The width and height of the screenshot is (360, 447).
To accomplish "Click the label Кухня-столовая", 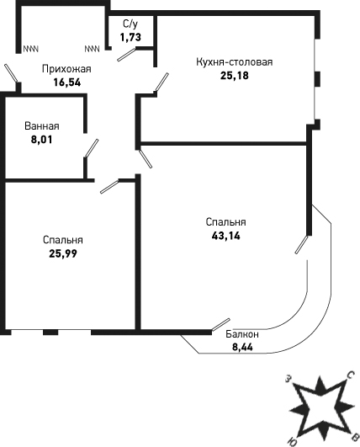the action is coord(234,61).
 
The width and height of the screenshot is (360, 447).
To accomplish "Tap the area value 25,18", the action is coord(235,76).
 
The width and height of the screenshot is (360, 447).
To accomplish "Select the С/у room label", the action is coord(130,24).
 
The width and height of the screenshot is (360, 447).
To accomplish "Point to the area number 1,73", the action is coord(130,37).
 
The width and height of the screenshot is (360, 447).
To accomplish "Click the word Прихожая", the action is coord(66,69).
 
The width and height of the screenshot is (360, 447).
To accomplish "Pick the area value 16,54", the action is coord(67,82).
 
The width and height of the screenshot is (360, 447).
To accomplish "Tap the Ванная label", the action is coord(42,126).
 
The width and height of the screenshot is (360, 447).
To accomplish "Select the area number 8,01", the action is coord(42,140).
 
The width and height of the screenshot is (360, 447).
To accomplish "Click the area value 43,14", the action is coord(226,236).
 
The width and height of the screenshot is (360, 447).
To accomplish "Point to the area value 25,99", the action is coord(63,253).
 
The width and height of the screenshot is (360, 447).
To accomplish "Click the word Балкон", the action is coord(242,334).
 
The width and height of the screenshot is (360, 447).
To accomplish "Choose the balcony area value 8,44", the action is coord(242,347).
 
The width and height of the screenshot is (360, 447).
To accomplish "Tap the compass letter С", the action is coord(349,376).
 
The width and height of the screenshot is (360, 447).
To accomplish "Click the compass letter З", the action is coord(289,379).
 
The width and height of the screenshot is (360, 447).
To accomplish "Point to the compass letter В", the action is coord(355,439).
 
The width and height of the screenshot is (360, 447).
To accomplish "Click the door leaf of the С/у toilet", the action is coord(126,55).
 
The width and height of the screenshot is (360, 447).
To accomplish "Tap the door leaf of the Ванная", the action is coord(92,148).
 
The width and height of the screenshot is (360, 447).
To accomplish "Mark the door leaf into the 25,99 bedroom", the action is coord(109,187).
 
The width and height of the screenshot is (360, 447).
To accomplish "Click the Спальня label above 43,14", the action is coord(226,222).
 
